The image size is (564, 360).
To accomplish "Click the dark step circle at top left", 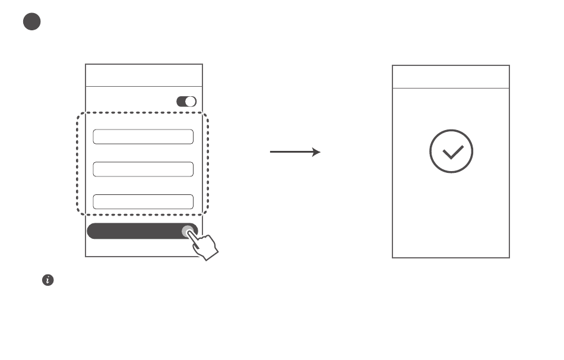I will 32,22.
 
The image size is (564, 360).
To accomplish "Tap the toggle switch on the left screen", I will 186,102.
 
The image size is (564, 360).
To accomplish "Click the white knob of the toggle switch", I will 190,102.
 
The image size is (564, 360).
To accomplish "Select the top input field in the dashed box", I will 143,137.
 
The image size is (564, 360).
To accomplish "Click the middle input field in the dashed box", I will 143,169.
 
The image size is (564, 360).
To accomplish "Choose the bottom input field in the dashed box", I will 143,201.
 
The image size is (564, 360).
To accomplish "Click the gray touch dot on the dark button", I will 188,231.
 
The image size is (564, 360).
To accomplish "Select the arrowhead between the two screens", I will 316,152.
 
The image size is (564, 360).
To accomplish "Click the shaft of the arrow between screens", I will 291,152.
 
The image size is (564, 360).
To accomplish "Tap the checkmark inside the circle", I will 451,152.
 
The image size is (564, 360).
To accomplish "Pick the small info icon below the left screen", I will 47,280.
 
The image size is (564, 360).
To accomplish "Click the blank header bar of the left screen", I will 144,75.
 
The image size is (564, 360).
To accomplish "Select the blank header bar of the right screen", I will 451,77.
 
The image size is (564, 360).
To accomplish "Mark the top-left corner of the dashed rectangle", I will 79,113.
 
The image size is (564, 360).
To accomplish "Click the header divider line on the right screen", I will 451,89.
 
